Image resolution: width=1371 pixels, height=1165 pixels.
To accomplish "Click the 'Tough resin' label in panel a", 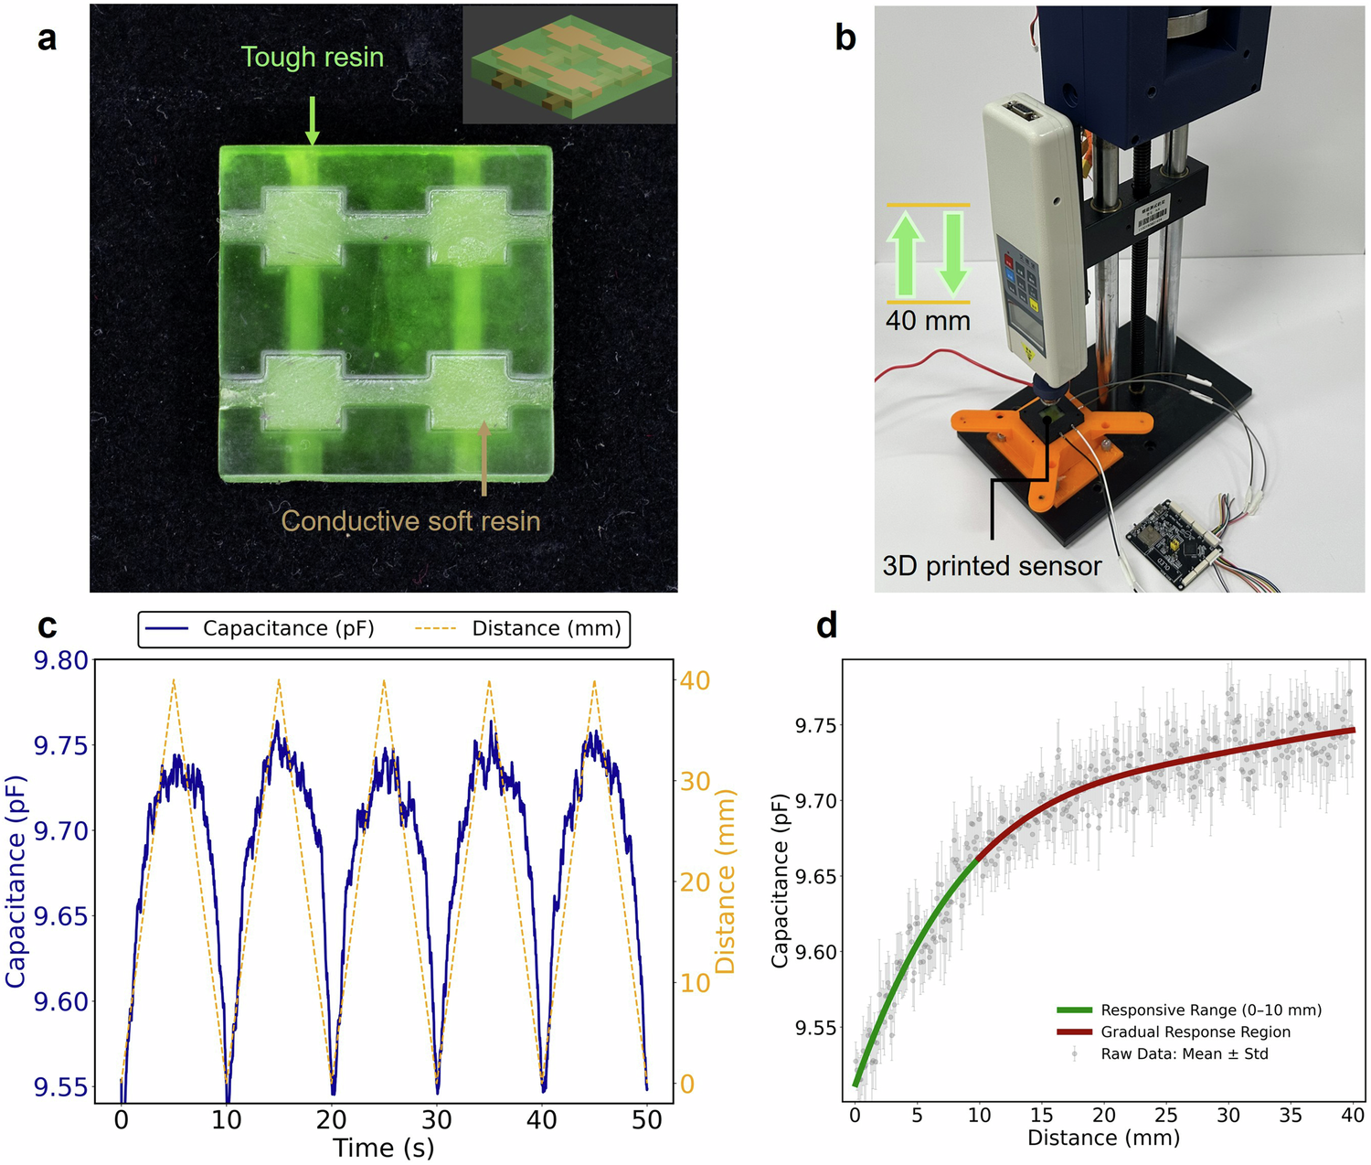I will click(312, 57).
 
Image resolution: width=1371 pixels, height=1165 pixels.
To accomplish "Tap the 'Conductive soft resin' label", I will click(410, 520).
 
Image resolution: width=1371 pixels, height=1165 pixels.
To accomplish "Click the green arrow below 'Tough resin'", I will click(312, 119).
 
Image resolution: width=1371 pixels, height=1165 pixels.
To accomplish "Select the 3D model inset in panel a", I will click(569, 65).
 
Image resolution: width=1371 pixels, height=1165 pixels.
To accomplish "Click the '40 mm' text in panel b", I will click(927, 321).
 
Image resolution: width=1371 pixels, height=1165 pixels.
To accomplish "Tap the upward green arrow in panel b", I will click(905, 253).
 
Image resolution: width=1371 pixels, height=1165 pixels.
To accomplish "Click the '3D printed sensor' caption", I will click(992, 566).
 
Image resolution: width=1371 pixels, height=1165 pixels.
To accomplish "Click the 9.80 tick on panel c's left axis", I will click(61, 660).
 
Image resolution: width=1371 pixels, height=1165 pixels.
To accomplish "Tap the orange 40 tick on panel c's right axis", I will click(695, 680).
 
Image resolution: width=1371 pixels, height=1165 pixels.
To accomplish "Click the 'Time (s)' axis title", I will click(383, 1148).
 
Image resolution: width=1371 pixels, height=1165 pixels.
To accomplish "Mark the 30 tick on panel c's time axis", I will click(437, 1119).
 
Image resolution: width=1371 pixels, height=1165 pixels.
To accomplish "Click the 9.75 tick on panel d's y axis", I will click(816, 726).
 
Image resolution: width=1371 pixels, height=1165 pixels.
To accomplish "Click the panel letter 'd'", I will click(826, 625).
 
